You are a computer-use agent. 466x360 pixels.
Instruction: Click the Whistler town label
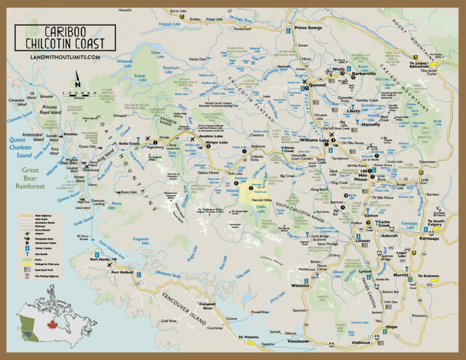point(300,286)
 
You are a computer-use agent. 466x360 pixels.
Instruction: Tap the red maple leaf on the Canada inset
point(45,323)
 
